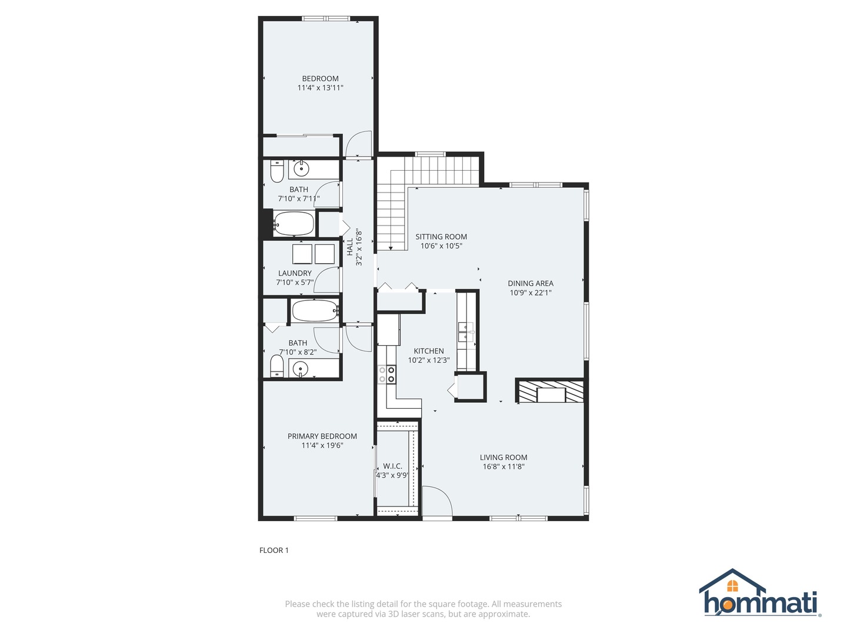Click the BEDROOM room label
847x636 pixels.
pyautogui.click(x=320, y=79)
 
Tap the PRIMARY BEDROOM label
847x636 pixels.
pyautogui.click(x=322, y=436)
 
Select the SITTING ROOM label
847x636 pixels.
pyautogui.click(x=441, y=237)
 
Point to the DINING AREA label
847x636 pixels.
pyautogui.click(x=530, y=283)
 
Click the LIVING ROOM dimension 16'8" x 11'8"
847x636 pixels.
pyautogui.click(x=503, y=466)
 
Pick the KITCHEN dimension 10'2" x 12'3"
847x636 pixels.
pyautogui.click(x=429, y=360)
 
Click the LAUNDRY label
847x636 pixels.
pyautogui.click(x=295, y=273)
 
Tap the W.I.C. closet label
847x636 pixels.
pyautogui.click(x=392, y=466)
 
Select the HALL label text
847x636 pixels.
pyautogui.click(x=349, y=247)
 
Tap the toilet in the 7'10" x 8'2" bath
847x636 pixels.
pyautogui.click(x=276, y=366)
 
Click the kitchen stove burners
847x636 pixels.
pyautogui.click(x=386, y=375)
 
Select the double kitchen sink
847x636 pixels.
pyautogui.click(x=466, y=332)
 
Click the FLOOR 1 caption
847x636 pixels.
pyautogui.click(x=274, y=550)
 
